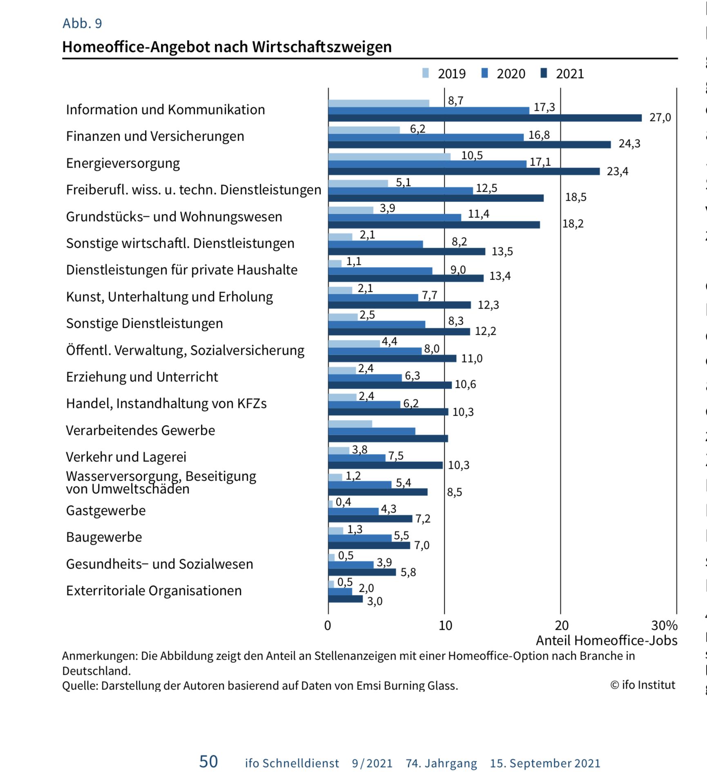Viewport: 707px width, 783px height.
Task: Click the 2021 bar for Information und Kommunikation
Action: pos(485,118)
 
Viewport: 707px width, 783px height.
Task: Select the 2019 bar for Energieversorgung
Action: pos(389,157)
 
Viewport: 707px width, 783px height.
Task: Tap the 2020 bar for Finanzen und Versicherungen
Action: pos(426,137)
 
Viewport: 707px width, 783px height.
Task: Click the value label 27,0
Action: pos(660,118)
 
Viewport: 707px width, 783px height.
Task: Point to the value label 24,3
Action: pos(629,144)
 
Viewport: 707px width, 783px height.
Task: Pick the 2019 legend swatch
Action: pos(426,73)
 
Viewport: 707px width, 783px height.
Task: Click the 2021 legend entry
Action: pos(562,74)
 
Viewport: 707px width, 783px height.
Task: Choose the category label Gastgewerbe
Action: pos(106,511)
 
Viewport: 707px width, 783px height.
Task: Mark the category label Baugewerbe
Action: pos(104,537)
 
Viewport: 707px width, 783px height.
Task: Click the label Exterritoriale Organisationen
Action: pos(154,591)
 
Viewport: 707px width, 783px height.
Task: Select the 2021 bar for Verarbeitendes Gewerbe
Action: pos(388,438)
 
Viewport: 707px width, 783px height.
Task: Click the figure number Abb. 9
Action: pos(82,23)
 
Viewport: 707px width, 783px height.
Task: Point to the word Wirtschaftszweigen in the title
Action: pos(322,47)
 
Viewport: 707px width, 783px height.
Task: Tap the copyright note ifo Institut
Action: pos(643,685)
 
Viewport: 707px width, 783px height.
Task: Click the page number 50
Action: pos(208,762)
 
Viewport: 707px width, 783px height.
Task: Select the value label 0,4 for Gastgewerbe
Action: pos(343,502)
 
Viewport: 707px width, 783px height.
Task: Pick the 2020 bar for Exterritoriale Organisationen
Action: pos(340,592)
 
